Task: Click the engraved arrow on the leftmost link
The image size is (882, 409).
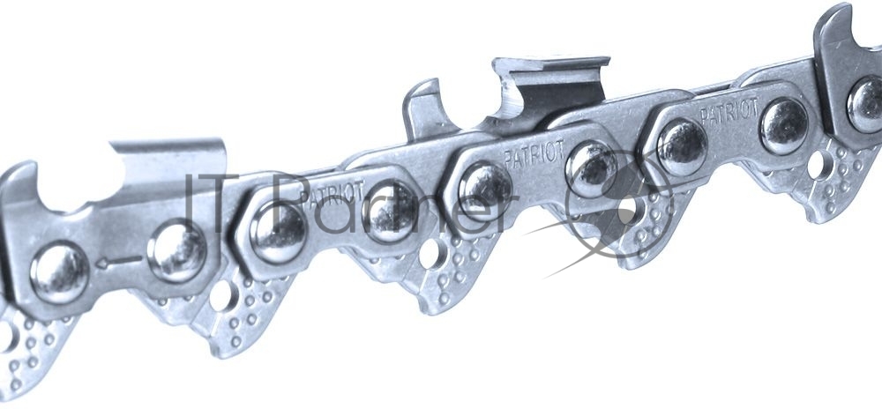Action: (118, 261)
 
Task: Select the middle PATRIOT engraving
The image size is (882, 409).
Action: (534, 152)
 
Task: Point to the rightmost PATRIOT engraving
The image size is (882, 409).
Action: (729, 112)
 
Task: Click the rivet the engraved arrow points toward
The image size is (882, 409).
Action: (60, 272)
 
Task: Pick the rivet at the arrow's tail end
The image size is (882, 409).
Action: (176, 250)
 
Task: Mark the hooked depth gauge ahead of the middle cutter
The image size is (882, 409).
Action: (425, 108)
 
